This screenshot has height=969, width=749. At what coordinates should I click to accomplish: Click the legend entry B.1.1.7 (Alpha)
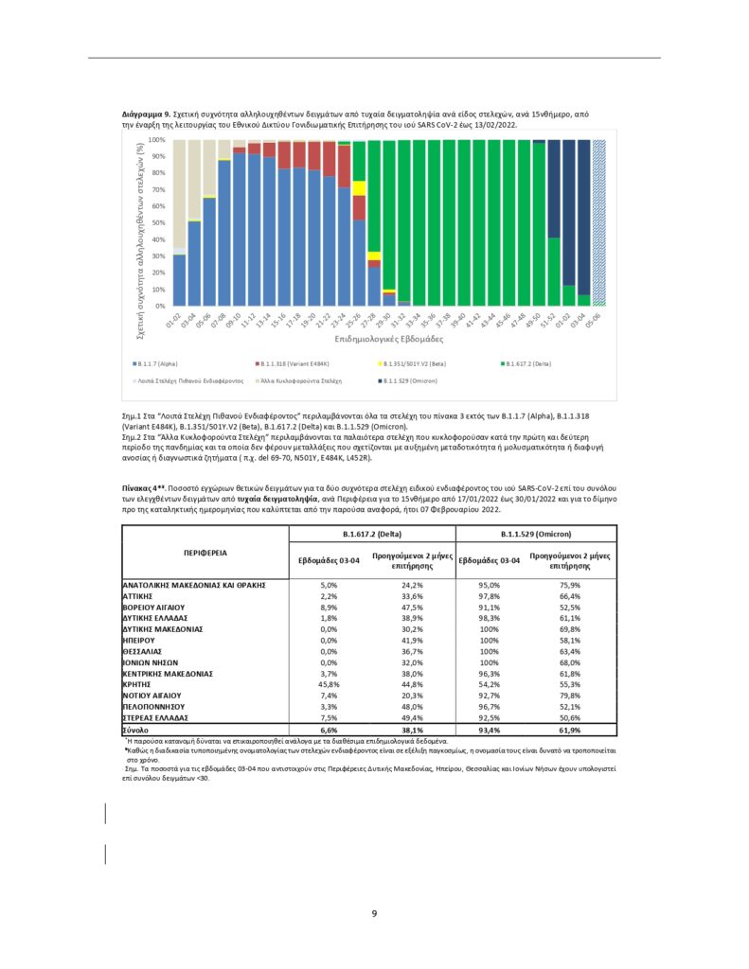tap(156, 362)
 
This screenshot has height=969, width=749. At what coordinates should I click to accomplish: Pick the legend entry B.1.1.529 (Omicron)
tap(403, 379)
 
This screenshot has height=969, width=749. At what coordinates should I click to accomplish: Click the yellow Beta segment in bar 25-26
tap(359, 187)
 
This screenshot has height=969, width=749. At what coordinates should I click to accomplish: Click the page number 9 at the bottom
tap(375, 913)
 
